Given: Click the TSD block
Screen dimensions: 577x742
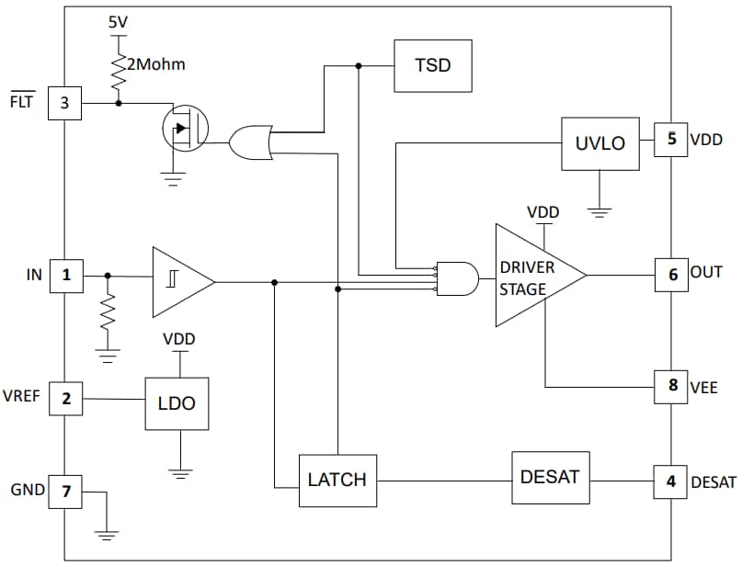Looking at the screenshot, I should [432, 65].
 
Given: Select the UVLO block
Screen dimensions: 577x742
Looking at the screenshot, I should [599, 143].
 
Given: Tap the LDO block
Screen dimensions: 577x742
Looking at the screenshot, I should [177, 403].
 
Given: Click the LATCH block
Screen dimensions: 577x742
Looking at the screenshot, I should [337, 480].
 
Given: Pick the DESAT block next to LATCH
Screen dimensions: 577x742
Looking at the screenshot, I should [551, 477].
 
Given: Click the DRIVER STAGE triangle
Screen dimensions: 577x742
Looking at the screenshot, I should [533, 276].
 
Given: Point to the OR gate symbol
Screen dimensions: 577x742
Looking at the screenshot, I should [249, 143].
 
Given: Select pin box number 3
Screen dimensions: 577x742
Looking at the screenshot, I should [64, 103].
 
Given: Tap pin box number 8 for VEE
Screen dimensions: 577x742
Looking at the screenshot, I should [672, 387].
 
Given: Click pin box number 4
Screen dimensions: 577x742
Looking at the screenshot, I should [671, 481].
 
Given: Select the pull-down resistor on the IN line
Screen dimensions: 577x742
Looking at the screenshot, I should [108, 316].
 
